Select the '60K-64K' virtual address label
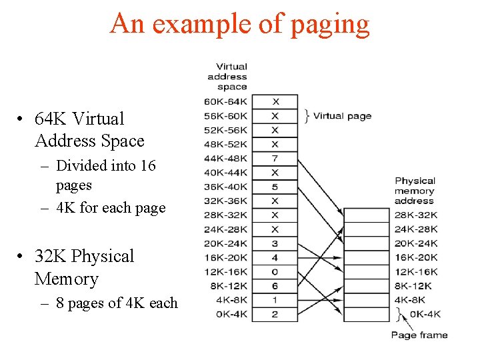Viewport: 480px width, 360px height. tap(227, 101)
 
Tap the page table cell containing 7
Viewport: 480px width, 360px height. tap(275, 158)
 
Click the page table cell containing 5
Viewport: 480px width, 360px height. tap(275, 187)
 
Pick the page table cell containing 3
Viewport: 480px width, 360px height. tap(275, 243)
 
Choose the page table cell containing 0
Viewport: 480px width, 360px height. tap(275, 272)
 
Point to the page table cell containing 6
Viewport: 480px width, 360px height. tap(275, 286)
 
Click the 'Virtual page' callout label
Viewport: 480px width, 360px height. tap(342, 116)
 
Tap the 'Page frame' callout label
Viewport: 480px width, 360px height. tap(419, 335)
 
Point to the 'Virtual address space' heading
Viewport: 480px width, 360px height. tap(231, 76)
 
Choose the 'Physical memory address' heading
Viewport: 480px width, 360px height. tap(415, 191)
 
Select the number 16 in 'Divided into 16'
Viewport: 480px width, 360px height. tap(147, 165)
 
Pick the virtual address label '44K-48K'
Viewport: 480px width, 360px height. tap(227, 158)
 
